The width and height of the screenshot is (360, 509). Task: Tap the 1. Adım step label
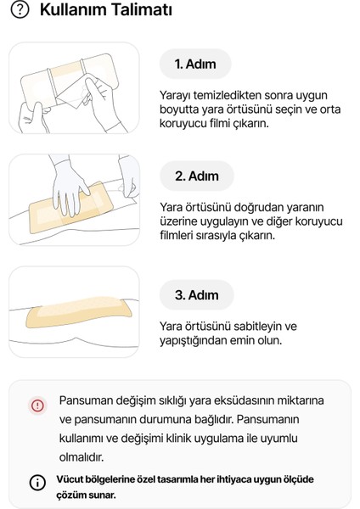pos(196,64)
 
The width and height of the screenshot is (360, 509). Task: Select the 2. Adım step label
pos(196,176)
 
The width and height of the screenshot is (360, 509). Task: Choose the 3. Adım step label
pos(196,295)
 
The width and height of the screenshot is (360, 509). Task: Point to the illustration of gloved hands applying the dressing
pos(74,200)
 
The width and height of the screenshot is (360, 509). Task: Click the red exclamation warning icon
pos(37,405)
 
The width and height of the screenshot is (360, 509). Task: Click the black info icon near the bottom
pos(37,483)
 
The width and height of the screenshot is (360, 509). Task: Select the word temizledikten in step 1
pos(223,96)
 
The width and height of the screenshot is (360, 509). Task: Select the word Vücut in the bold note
pos(70,479)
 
